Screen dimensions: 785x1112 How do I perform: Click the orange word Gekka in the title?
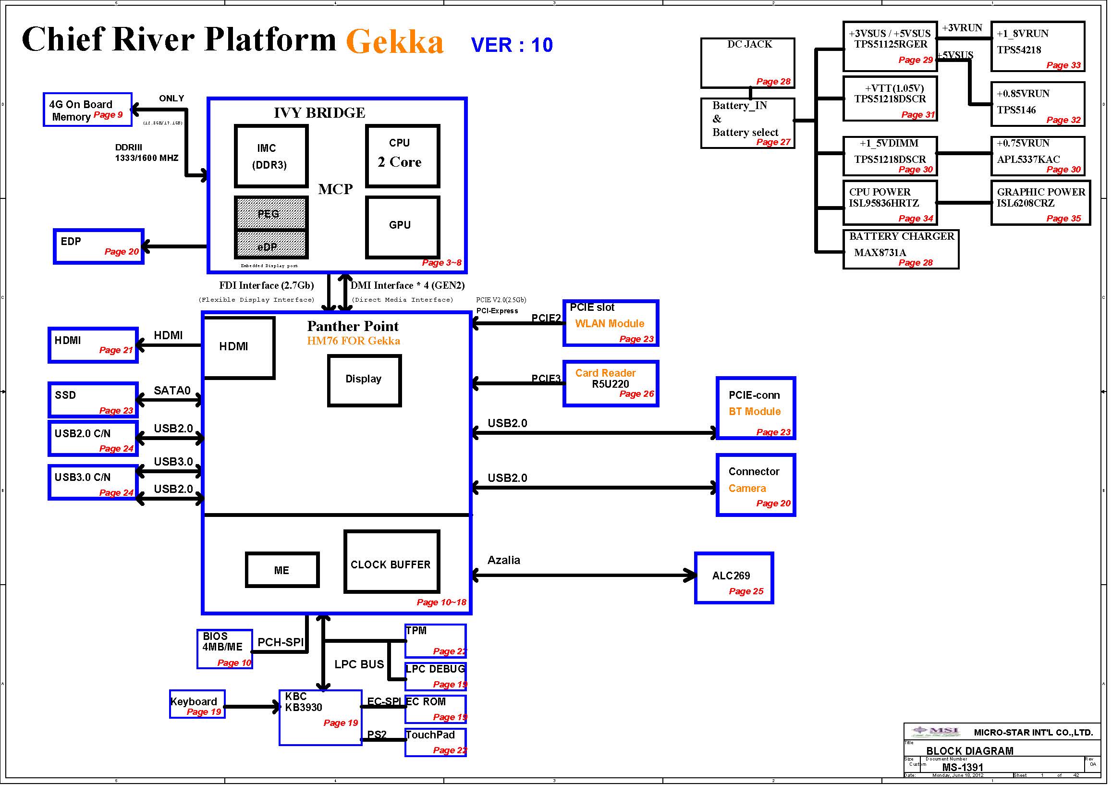point(395,41)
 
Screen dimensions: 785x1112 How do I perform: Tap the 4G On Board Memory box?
point(87,110)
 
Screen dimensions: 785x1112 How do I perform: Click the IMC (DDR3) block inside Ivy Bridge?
point(271,157)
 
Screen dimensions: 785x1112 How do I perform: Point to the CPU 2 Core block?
point(403,156)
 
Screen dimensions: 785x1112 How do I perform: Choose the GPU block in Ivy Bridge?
point(403,227)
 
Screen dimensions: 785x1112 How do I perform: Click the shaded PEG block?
point(271,213)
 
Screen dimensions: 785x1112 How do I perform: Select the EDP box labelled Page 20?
point(99,246)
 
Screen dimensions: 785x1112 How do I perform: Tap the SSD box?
point(93,400)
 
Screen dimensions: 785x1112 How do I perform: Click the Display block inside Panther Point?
point(364,380)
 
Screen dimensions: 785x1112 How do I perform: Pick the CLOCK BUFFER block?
point(391,562)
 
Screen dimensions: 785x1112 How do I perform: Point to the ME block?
point(282,570)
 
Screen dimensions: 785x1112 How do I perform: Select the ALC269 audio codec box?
point(734,578)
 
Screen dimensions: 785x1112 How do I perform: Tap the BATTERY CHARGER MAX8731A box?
point(901,249)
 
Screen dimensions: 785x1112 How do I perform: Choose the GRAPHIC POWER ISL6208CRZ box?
point(1040,203)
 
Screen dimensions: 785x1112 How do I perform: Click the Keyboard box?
point(197,704)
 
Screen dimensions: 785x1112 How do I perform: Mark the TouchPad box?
point(435,742)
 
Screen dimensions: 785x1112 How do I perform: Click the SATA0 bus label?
point(172,390)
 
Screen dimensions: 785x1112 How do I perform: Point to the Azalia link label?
point(504,560)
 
